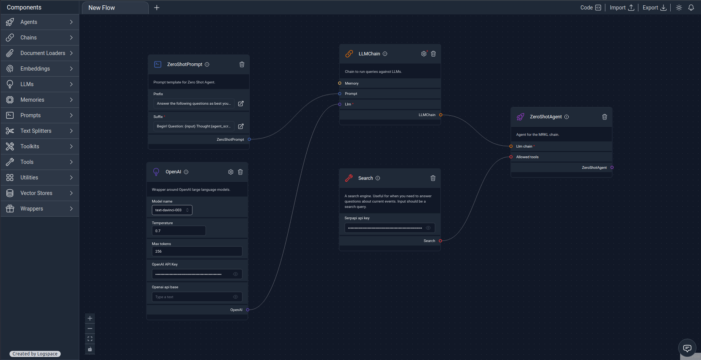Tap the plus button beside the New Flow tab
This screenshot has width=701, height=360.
click(157, 8)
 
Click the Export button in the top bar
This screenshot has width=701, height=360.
click(654, 8)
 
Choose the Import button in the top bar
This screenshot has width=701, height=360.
click(622, 8)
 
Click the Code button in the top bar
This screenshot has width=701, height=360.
click(591, 8)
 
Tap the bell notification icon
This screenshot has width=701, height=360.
click(691, 8)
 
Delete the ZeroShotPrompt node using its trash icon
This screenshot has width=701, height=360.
click(242, 64)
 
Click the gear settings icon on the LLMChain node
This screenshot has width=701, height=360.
click(424, 54)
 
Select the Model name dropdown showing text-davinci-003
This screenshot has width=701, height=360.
click(172, 210)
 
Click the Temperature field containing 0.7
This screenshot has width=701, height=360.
click(179, 231)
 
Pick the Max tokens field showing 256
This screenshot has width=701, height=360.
click(197, 251)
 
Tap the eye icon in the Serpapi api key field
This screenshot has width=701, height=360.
click(428, 228)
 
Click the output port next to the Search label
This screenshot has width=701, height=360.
click(440, 241)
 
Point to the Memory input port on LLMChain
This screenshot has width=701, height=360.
click(340, 83)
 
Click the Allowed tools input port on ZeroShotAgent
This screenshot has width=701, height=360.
click(511, 157)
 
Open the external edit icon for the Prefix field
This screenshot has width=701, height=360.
click(241, 104)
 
